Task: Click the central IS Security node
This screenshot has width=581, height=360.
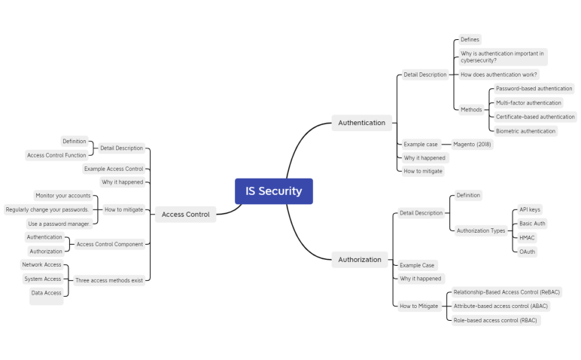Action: point(273,191)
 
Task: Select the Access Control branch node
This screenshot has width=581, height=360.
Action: point(185,214)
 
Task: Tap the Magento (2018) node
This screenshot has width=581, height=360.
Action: point(473,144)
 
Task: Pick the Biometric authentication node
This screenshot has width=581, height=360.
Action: point(525,131)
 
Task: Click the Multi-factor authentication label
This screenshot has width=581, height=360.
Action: point(528,102)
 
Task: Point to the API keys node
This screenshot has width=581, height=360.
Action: point(530,209)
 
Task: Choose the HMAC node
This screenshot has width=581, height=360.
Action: point(527,237)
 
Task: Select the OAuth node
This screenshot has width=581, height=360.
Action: point(528,252)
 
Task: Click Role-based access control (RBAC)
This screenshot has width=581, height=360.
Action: point(495,320)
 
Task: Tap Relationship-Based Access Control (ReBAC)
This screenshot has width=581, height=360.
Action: point(506,291)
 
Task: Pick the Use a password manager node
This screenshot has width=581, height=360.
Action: point(59,224)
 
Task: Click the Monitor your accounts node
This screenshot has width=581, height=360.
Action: point(63,196)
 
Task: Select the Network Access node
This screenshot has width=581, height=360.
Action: point(41,265)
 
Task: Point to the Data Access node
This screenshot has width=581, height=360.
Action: point(46,293)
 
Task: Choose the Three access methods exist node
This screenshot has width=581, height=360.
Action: point(108,280)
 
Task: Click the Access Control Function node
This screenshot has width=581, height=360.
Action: point(56,155)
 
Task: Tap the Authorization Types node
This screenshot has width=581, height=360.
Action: point(481,230)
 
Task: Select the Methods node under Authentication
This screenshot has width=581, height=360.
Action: point(471,109)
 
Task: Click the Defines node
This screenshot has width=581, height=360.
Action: point(470,39)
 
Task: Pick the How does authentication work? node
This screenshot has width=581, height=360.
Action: point(499,75)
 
